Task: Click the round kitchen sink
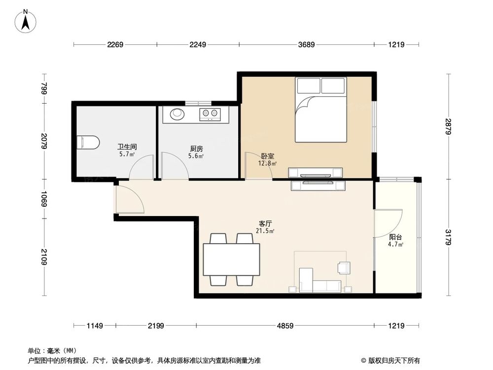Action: click(x=177, y=114)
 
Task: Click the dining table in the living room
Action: click(x=232, y=259)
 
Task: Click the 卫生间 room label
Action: click(x=127, y=147)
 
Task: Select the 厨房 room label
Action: click(x=196, y=148)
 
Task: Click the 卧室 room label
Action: click(x=268, y=156)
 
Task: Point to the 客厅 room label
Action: click(x=265, y=223)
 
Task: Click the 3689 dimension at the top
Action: click(x=307, y=45)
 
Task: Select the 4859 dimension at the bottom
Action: click(x=285, y=326)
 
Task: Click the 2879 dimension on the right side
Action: click(x=448, y=126)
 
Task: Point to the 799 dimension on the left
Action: click(x=44, y=89)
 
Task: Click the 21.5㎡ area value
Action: click(x=265, y=231)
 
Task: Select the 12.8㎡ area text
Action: click(x=268, y=163)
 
